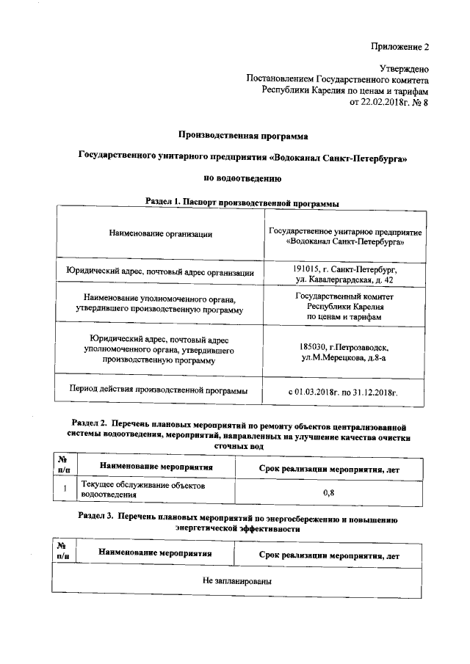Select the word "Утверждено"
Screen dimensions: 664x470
click(x=404, y=68)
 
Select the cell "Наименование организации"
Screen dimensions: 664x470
click(x=161, y=234)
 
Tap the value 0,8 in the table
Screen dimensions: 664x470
click(x=329, y=493)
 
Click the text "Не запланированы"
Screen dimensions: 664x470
click(x=238, y=580)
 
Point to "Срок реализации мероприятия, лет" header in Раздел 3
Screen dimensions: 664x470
click(x=329, y=556)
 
